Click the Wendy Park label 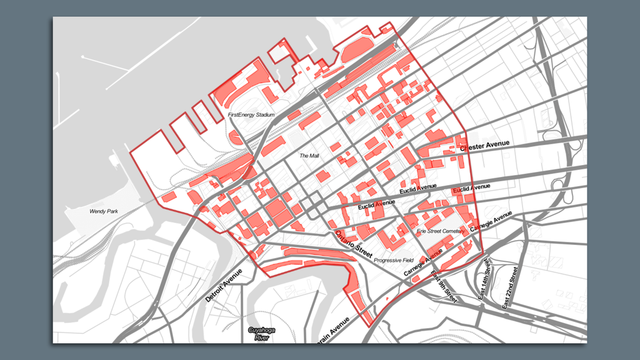[103, 211]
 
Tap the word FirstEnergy [241, 115]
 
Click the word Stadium [265, 115]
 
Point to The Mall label [309, 156]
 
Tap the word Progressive [387, 261]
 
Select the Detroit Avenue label [223, 287]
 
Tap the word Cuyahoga [262, 330]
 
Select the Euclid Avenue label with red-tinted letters [471, 187]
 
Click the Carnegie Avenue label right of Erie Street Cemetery [491, 223]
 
